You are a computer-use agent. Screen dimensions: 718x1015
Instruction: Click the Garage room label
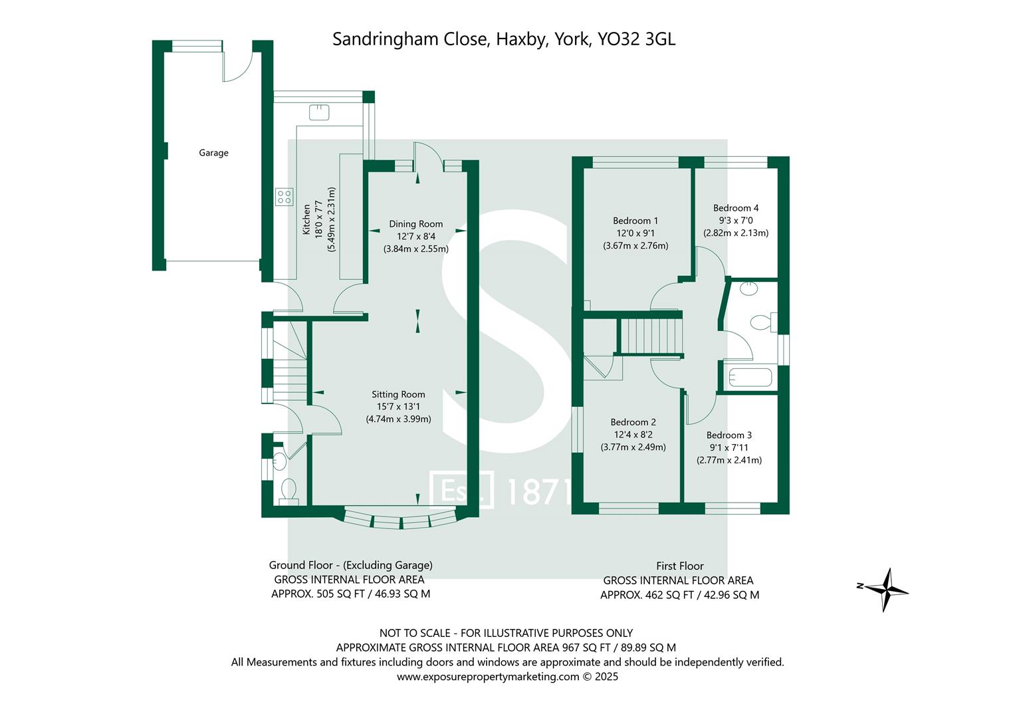point(213,153)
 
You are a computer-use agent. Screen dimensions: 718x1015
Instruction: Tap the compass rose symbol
point(884,589)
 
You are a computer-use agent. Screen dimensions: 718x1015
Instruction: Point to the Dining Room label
point(415,224)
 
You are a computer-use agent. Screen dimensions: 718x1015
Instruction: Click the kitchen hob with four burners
point(284,196)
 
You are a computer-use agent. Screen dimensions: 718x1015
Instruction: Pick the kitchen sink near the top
point(319,112)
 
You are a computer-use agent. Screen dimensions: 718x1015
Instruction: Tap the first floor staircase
point(651,336)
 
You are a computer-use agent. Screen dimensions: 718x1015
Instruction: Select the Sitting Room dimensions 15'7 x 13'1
point(398,407)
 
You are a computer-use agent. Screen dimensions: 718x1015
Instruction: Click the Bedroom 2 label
point(633,422)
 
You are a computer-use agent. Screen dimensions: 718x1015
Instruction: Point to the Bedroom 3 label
point(729,435)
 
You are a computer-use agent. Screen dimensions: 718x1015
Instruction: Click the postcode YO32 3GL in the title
point(636,39)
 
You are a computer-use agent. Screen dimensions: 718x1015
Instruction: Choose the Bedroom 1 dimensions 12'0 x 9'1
point(635,233)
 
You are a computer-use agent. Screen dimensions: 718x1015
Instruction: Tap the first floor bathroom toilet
point(760,323)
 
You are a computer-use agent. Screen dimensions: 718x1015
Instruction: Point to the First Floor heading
point(679,566)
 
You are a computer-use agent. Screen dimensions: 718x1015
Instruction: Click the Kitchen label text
point(306,219)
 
